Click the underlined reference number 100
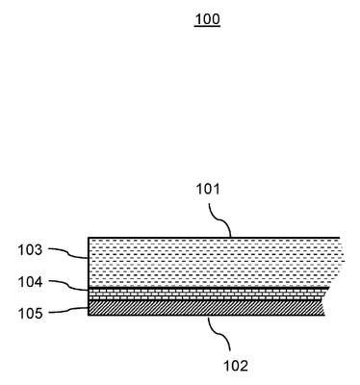click(x=207, y=19)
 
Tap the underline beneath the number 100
click(x=207, y=26)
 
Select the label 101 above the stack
click(x=208, y=189)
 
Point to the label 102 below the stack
click(x=236, y=366)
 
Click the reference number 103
click(x=30, y=250)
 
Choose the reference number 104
click(x=30, y=282)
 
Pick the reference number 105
click(x=30, y=314)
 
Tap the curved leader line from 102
click(x=219, y=334)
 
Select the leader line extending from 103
click(x=68, y=252)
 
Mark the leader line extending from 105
click(x=68, y=310)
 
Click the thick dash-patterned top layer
click(x=214, y=263)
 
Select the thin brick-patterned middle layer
click(x=207, y=294)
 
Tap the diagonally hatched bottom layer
click(x=206, y=308)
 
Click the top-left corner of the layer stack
click(x=89, y=238)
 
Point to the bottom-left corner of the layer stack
click(x=89, y=315)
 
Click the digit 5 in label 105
click(x=39, y=314)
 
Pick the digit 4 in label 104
click(x=39, y=282)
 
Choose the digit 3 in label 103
click(x=39, y=250)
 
